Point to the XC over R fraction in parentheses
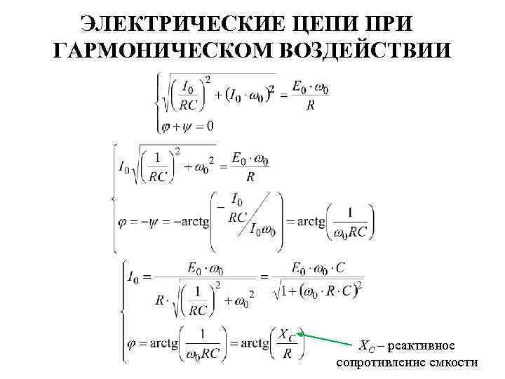click(x=285, y=344)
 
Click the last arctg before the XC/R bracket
click(x=255, y=343)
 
